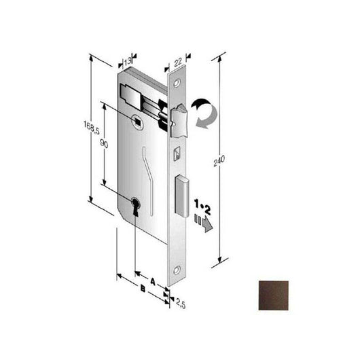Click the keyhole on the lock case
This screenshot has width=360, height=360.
[x=136, y=205]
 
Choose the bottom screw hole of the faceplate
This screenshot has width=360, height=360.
[x=178, y=267]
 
